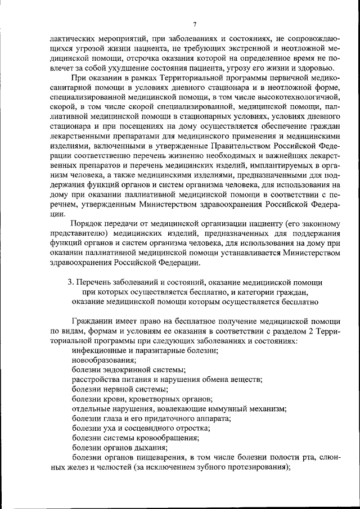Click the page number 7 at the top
(x=195, y=24)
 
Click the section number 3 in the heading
(x=70, y=281)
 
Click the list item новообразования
(x=103, y=359)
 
